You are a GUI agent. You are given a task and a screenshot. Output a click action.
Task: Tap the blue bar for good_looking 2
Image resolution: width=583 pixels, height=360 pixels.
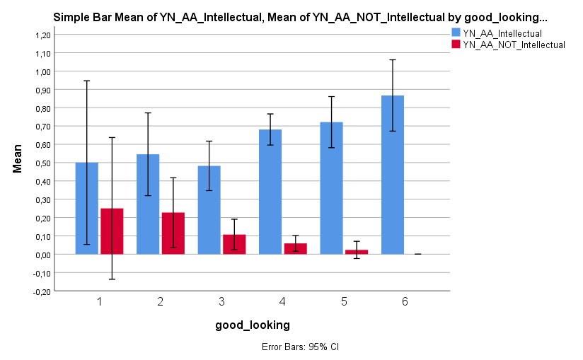(148, 204)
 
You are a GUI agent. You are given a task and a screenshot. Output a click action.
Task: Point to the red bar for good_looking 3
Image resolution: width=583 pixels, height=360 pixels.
(234, 245)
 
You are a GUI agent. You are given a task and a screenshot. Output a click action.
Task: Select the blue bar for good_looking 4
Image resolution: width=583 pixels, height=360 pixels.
(270, 192)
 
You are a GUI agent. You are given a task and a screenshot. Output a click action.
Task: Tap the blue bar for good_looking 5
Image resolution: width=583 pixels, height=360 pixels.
(331, 188)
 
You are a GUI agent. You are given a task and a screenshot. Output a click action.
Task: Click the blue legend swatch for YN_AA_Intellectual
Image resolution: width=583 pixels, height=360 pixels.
(456, 33)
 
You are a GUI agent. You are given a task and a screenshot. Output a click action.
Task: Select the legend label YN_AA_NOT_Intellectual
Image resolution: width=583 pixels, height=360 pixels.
(514, 45)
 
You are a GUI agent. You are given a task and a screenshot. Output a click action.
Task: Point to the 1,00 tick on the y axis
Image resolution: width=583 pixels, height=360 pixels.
(43, 71)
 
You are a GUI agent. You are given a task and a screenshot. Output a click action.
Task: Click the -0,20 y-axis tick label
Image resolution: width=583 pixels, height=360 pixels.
(42, 291)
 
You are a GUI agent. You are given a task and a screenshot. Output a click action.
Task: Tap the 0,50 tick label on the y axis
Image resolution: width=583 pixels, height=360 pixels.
(43, 163)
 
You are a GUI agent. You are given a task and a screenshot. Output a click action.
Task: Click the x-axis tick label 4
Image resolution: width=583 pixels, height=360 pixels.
(282, 301)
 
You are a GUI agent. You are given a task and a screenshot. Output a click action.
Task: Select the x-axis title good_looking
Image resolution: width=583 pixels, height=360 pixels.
(252, 325)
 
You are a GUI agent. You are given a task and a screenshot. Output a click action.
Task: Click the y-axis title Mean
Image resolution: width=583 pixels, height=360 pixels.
(18, 158)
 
